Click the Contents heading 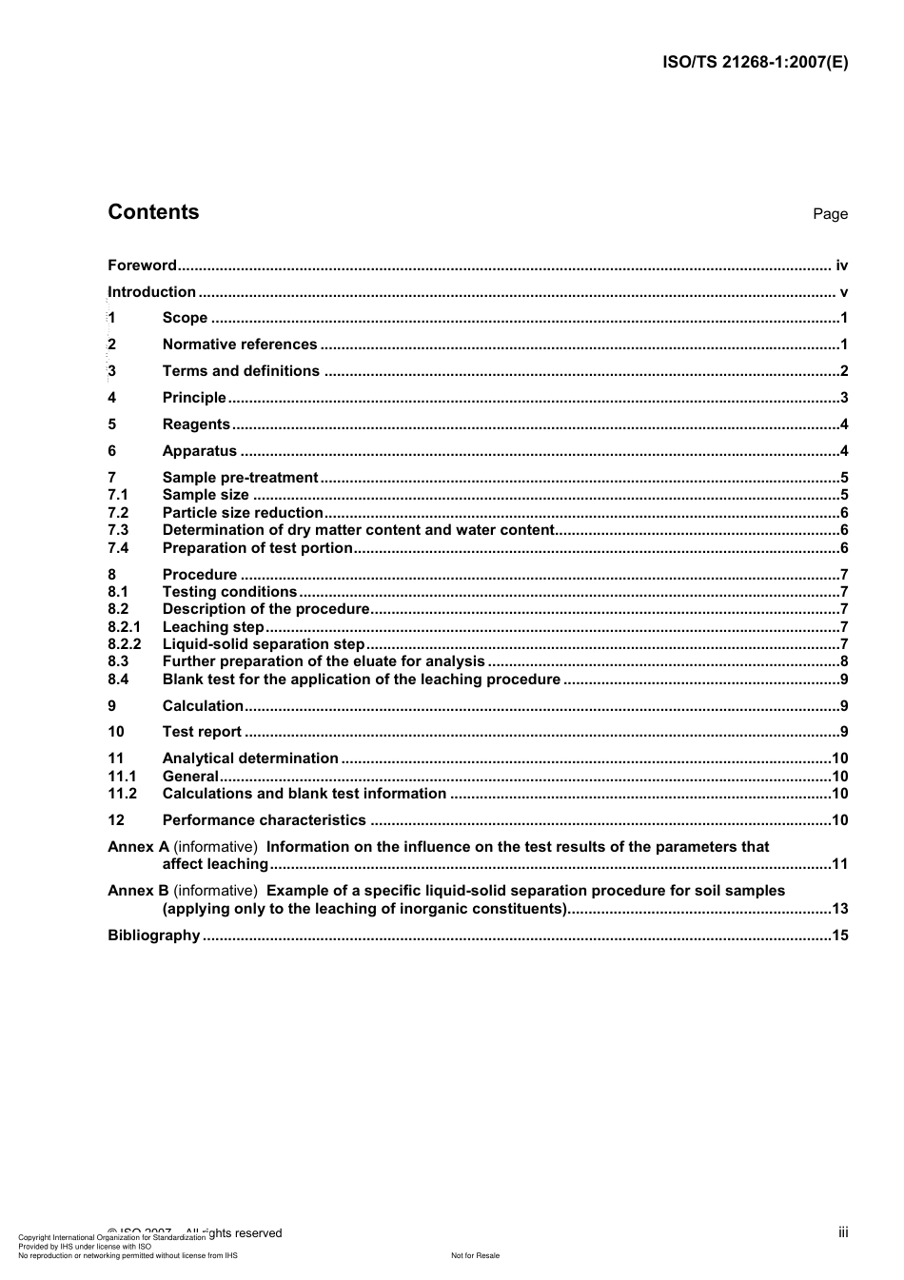pyautogui.click(x=153, y=212)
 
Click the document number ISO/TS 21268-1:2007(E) pyautogui.click(x=755, y=63)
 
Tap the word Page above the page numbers pyautogui.click(x=830, y=214)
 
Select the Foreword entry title pyautogui.click(x=142, y=266)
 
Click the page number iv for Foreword pyautogui.click(x=841, y=266)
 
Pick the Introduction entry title pyautogui.click(x=152, y=292)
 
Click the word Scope pyautogui.click(x=185, y=318)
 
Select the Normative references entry pyautogui.click(x=240, y=345)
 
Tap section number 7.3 pyautogui.click(x=118, y=530)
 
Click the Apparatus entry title pyautogui.click(x=200, y=451)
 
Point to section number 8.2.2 pyautogui.click(x=124, y=644)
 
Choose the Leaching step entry pyautogui.click(x=213, y=627)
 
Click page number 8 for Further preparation pyautogui.click(x=844, y=661)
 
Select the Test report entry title pyautogui.click(x=202, y=732)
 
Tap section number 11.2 pyautogui.click(x=122, y=794)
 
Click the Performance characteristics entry pyautogui.click(x=264, y=820)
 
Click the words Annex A pyautogui.click(x=138, y=847)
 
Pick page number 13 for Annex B pyautogui.click(x=839, y=909)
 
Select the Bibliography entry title pyautogui.click(x=154, y=935)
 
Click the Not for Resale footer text pyautogui.click(x=475, y=1255)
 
